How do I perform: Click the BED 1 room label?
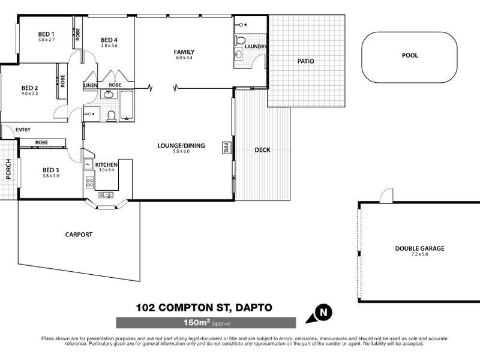46,34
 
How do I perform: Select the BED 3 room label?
52,170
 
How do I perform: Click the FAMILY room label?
184,52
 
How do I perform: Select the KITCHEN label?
106,164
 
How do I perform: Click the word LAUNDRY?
256,47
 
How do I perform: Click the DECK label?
262,150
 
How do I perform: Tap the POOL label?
410,56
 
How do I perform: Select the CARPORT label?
79,235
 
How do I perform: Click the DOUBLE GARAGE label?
419,248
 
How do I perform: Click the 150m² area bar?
205,323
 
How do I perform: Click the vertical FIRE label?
226,147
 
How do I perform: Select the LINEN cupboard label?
90,85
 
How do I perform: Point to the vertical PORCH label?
8,169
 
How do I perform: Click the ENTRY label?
23,130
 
